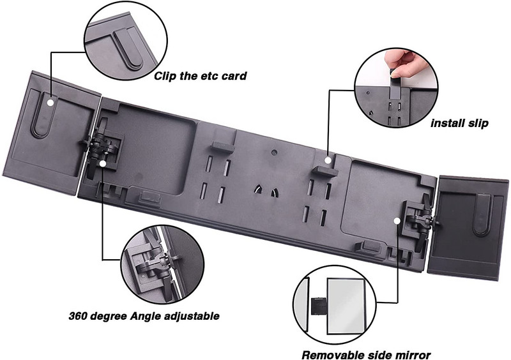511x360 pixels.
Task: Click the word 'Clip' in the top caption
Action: point(165,76)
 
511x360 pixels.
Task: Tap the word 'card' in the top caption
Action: point(234,76)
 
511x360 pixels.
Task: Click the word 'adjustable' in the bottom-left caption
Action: point(191,317)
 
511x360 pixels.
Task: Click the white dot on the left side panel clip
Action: point(50,102)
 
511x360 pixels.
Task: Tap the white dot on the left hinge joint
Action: point(103,164)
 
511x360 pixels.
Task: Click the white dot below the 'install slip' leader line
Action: point(328,160)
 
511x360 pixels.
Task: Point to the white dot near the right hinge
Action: point(397,221)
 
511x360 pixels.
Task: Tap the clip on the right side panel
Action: point(482,214)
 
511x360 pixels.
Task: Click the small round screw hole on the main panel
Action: point(275,152)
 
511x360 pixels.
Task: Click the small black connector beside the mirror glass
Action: point(316,306)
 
